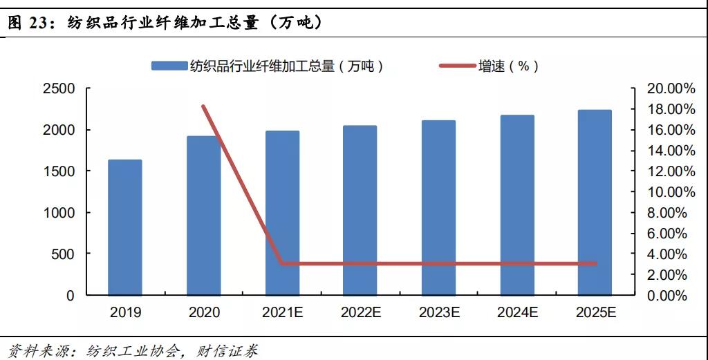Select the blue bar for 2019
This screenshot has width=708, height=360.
(x=125, y=227)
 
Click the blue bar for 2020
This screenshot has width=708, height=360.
(x=204, y=216)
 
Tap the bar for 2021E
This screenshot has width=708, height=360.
(x=282, y=213)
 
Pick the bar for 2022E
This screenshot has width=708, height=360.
(x=360, y=210)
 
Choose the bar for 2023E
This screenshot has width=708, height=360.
(x=439, y=207)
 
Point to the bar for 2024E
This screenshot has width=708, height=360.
(x=517, y=205)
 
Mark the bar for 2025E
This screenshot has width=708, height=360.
(x=595, y=202)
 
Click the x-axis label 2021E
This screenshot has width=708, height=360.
(x=282, y=312)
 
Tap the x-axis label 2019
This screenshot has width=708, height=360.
(x=125, y=312)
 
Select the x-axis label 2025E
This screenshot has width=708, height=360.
(x=595, y=312)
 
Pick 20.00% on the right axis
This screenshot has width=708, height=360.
(x=667, y=89)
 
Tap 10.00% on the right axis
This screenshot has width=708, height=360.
(x=667, y=192)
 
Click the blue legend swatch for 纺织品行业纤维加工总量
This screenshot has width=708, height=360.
(x=169, y=66)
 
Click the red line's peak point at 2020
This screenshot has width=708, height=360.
(x=203, y=106)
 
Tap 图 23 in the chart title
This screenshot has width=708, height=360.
(x=28, y=23)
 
